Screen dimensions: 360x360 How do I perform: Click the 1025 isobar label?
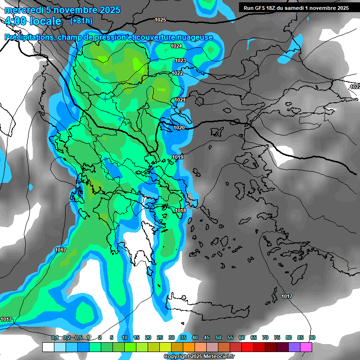click(160, 20)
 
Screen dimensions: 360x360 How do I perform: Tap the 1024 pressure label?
click(176, 46)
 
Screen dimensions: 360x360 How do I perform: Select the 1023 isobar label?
click(180, 60)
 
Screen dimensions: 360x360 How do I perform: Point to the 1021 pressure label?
click(180, 100)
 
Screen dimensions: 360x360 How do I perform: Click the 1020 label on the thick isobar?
click(179, 127)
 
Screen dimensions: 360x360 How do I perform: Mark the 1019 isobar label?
click(178, 157)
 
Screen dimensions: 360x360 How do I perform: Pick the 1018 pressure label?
click(180, 211)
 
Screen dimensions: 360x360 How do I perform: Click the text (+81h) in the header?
click(81, 21)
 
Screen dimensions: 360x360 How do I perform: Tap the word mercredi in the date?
click(22, 10)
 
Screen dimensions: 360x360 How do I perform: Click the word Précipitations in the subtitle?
click(27, 37)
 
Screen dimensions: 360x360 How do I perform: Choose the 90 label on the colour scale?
click(312, 337)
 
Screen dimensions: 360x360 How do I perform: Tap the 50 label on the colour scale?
click(218, 337)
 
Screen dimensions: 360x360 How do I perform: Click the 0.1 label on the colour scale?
click(55, 337)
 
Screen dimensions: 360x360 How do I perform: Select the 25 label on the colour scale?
click(160, 337)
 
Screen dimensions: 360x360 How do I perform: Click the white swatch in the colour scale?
click(48, 347)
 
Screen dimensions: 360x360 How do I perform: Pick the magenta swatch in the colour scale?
click(306, 347)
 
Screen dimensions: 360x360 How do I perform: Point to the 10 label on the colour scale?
click(125, 337)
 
